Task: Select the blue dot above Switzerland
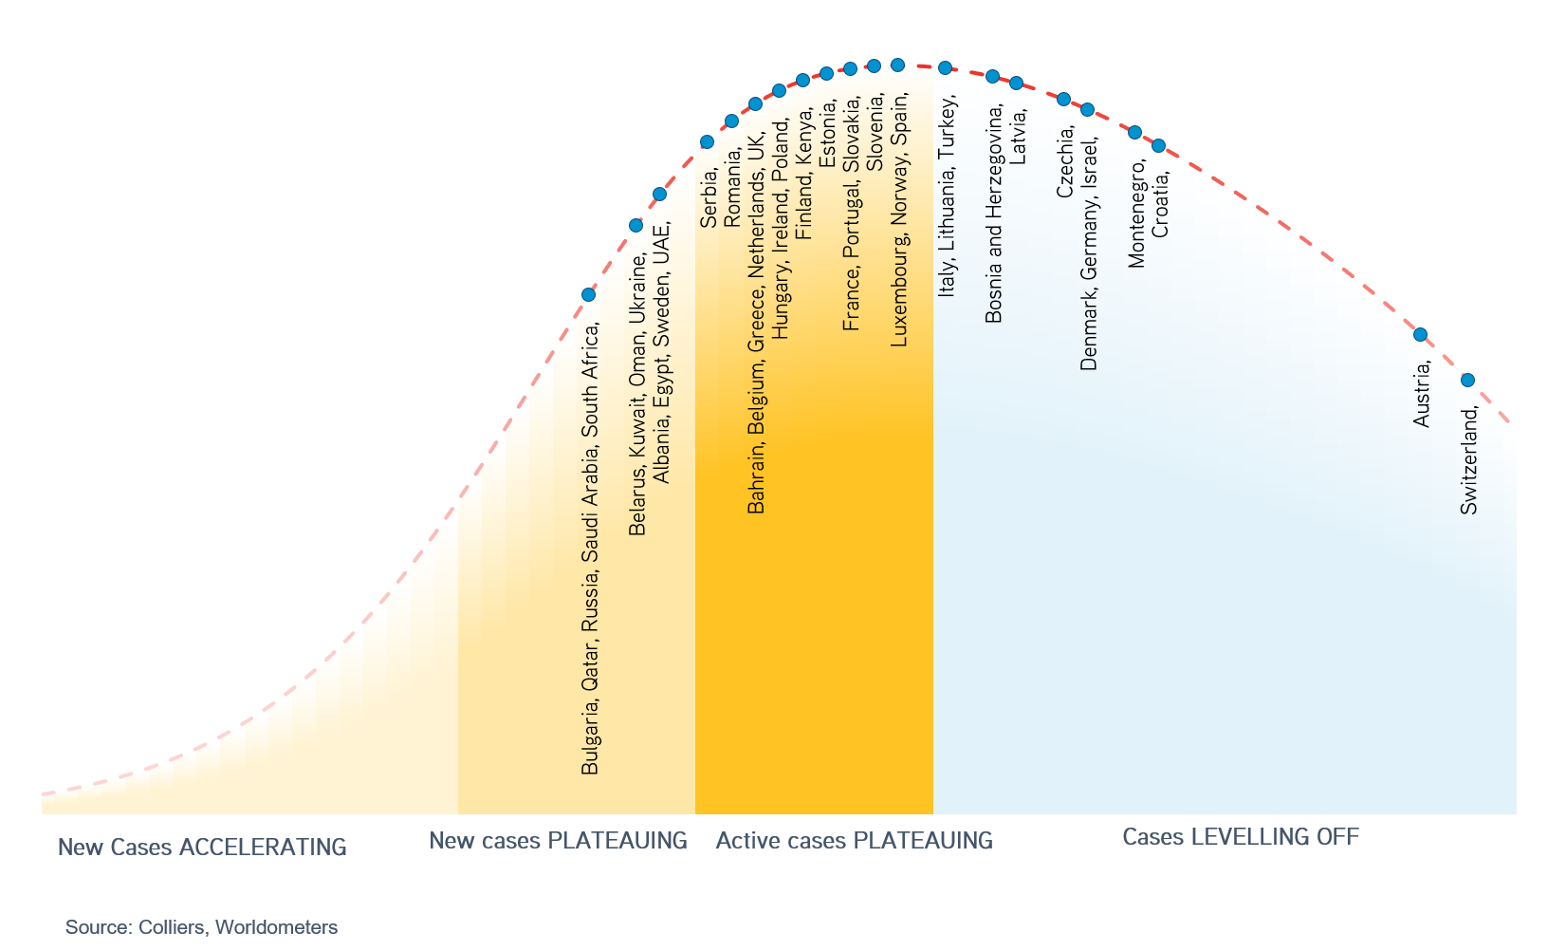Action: click(x=1467, y=380)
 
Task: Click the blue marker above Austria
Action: click(x=1421, y=334)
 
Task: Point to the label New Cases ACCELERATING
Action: click(x=202, y=847)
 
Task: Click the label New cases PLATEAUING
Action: click(x=558, y=840)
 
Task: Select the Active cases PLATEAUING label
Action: click(x=854, y=840)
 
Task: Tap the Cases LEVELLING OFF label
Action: click(x=1240, y=836)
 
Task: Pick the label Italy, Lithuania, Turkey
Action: click(x=947, y=196)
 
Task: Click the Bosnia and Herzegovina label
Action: click(x=993, y=214)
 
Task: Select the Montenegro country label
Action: click(x=1136, y=213)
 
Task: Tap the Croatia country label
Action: click(x=1160, y=202)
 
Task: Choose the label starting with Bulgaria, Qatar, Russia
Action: click(x=590, y=549)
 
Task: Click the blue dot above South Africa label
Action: click(x=588, y=294)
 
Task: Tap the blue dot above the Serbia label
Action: click(x=707, y=141)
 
